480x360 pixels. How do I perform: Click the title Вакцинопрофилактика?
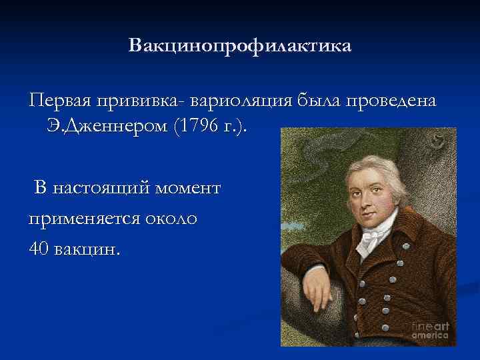pos(239,47)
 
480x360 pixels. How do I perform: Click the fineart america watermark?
pos(430,331)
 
